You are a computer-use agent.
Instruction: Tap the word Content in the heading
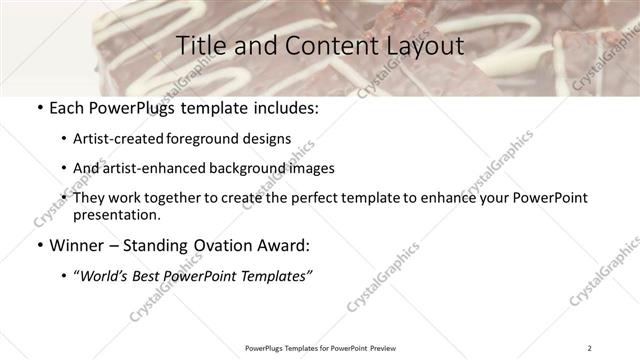click(x=325, y=45)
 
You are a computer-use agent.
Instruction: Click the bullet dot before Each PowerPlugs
click(x=39, y=108)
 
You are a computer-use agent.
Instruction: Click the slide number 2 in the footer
click(x=590, y=348)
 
